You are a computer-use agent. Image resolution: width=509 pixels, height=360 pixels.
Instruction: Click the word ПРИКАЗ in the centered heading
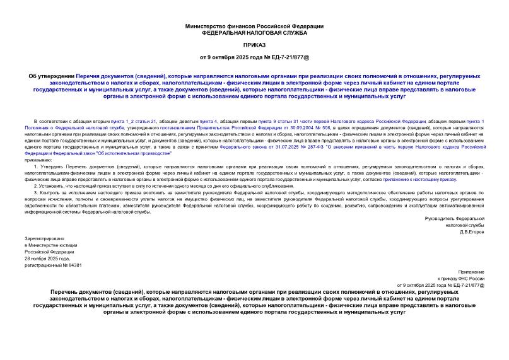[x=254, y=45]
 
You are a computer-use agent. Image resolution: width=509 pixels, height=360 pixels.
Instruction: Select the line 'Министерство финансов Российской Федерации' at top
[x=254, y=26]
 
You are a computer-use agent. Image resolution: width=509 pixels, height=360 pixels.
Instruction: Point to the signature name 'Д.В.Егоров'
[x=472, y=231]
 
